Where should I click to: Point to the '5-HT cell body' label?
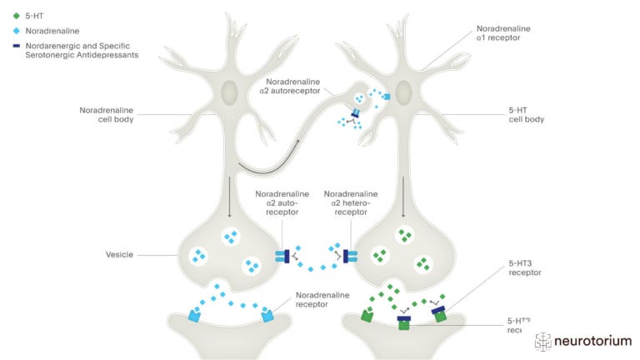pos(526,115)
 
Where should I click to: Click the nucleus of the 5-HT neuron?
pos(403,91)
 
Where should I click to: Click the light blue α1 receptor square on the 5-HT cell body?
pos(386,97)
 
